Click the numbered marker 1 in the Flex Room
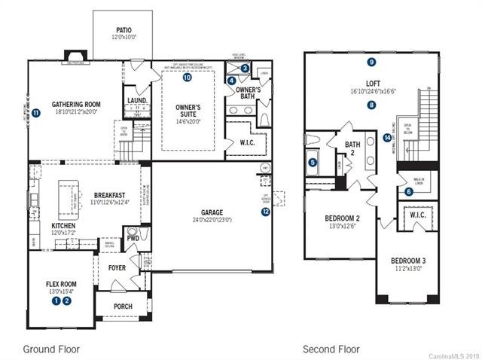(x=56, y=301)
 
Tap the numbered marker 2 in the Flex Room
(x=67, y=301)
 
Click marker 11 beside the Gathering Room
(x=35, y=114)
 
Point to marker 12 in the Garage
(x=265, y=212)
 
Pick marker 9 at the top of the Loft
(x=371, y=62)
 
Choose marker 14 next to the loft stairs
(x=386, y=138)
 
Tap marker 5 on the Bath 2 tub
(x=313, y=160)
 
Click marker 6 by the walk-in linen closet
(x=408, y=191)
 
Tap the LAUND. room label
(x=137, y=99)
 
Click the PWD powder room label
(x=132, y=237)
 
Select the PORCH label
(x=122, y=307)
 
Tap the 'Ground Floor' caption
(x=50, y=349)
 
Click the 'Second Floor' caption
(x=331, y=349)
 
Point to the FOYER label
(x=117, y=266)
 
